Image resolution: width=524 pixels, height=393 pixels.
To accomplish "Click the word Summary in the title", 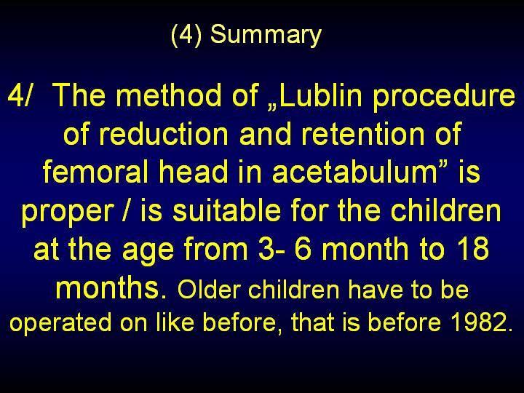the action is click(266, 35).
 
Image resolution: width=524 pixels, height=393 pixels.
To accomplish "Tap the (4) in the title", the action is click(186, 34).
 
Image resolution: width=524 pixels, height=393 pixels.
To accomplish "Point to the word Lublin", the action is click(321, 95).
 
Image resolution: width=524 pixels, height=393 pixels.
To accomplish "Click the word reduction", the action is click(164, 134).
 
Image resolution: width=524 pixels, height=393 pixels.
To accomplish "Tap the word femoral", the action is click(95, 172).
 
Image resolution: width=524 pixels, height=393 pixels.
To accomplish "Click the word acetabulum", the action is click(354, 172).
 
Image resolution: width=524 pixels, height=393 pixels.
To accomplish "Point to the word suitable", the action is click(226, 210).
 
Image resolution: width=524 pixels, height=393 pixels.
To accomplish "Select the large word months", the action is click(107, 287).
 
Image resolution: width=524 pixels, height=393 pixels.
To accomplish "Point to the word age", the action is click(148, 251).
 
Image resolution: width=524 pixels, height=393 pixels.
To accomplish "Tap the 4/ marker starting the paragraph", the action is click(20, 95).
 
